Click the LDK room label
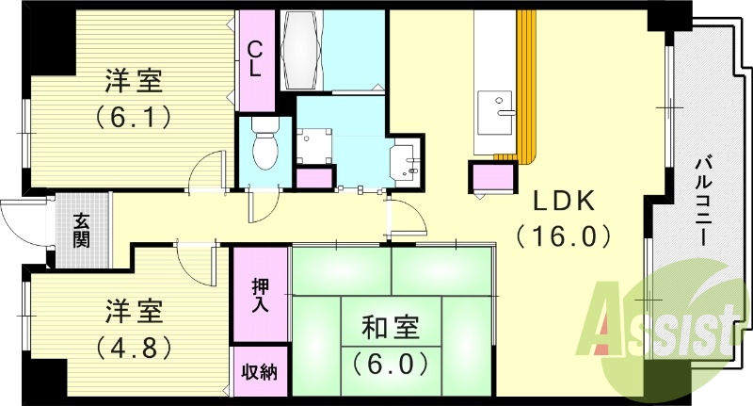click(x=564, y=201)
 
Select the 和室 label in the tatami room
click(x=391, y=329)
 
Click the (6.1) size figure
click(x=132, y=118)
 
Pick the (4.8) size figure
click(x=132, y=345)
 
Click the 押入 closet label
click(x=260, y=294)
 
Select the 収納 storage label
click(x=260, y=372)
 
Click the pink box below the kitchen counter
click(x=493, y=176)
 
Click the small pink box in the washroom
click(x=314, y=176)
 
